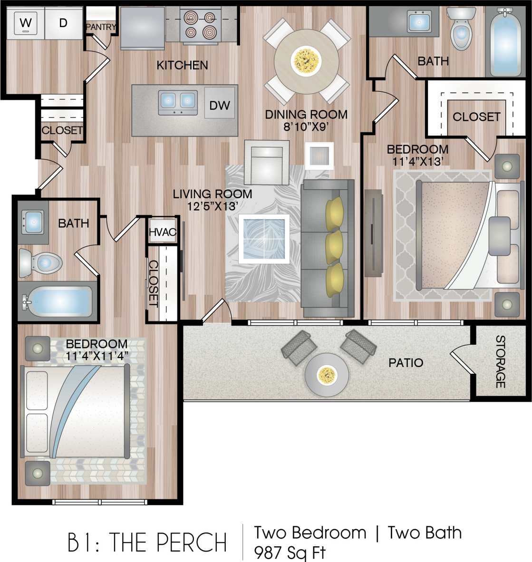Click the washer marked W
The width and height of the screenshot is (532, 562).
(26, 22)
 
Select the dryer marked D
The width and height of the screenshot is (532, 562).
(63, 22)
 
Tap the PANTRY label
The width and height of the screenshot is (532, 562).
(101, 27)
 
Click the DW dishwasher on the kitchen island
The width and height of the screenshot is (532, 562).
(220, 105)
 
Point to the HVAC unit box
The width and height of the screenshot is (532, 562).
(163, 232)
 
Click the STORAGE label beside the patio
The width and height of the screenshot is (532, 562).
(500, 362)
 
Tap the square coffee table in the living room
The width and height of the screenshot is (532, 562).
(264, 239)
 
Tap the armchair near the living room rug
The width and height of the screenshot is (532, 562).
(266, 163)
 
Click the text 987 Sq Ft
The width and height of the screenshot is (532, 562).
(290, 552)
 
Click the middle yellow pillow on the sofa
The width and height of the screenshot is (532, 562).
(335, 246)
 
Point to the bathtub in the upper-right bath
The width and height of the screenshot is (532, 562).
(505, 43)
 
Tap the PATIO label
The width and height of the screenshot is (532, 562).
(406, 363)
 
